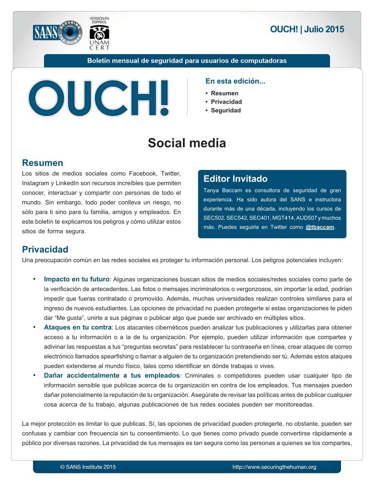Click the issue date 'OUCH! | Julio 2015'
click(x=307, y=30)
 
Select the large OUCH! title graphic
click(x=99, y=97)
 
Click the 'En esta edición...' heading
click(x=235, y=82)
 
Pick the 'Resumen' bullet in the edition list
click(x=225, y=93)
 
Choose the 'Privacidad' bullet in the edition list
click(x=226, y=102)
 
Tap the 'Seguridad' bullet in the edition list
click(x=225, y=110)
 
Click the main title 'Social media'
click(x=187, y=143)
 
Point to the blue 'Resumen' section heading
click(x=43, y=163)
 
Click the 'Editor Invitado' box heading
click(x=235, y=179)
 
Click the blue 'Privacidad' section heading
click(x=45, y=249)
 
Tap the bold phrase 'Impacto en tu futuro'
click(x=77, y=279)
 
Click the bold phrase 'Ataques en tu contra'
click(x=77, y=328)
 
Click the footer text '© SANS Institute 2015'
click(x=88, y=467)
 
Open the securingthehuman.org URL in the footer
click(x=274, y=467)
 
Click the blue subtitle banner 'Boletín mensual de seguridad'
click(x=187, y=60)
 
